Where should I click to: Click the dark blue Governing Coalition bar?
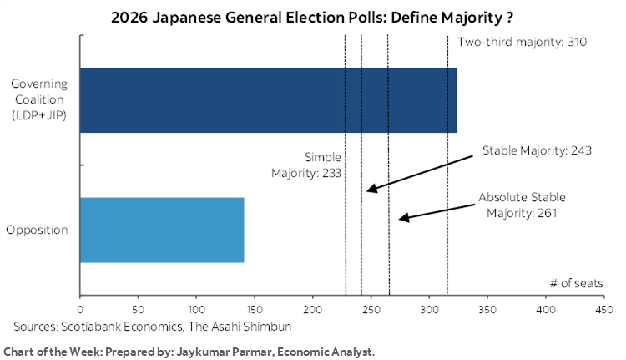click(x=267, y=100)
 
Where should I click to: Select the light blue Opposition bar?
click(x=161, y=231)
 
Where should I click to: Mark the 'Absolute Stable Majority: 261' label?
click(x=522, y=205)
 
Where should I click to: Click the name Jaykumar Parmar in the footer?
click(x=222, y=352)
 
